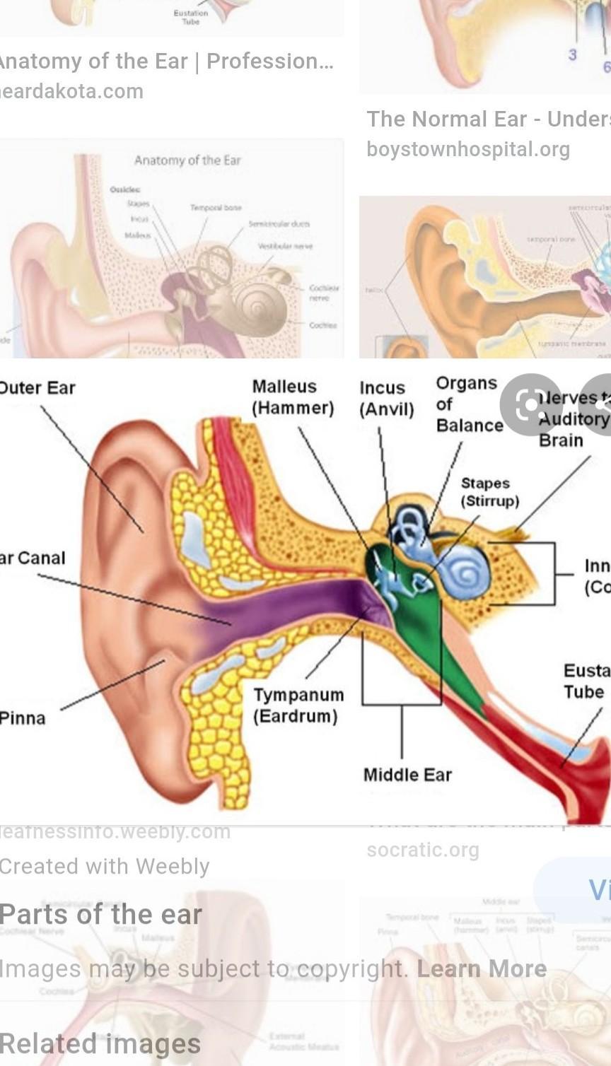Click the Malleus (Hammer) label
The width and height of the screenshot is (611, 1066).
(x=293, y=397)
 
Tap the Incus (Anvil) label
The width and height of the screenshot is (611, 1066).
(x=386, y=399)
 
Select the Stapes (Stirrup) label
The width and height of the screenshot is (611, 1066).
(x=489, y=492)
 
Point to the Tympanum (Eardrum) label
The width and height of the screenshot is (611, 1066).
(x=298, y=705)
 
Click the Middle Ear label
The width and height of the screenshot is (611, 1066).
(x=407, y=775)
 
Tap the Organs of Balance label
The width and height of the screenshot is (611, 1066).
(x=468, y=404)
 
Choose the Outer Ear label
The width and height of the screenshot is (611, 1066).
(x=37, y=387)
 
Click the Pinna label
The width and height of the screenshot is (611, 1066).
(x=23, y=718)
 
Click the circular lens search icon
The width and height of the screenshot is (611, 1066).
(x=531, y=405)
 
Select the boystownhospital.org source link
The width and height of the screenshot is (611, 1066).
(x=468, y=149)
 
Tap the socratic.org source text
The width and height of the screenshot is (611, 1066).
(x=423, y=850)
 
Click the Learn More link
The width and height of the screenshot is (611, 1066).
(x=482, y=968)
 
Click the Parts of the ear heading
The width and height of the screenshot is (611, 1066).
(x=101, y=914)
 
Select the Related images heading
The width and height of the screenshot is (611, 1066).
(x=100, y=1044)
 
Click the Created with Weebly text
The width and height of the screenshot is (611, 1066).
(x=105, y=867)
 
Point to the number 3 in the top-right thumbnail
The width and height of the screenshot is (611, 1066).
(x=573, y=54)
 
